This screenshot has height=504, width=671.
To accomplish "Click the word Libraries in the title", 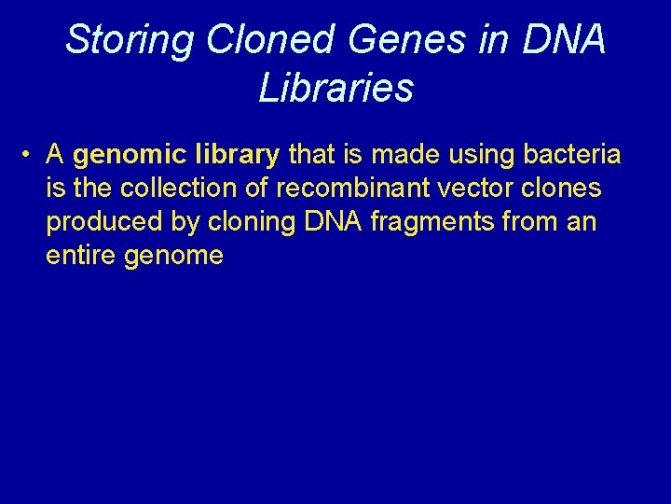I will [335, 88].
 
